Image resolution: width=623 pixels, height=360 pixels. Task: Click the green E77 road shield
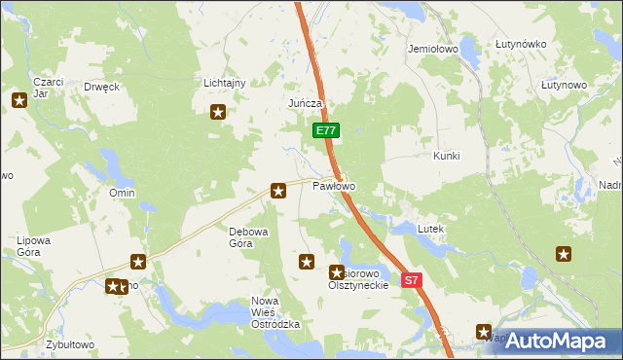pos(326,130)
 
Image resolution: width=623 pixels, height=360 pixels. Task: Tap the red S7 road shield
pos(412,280)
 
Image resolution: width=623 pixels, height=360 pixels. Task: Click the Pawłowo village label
pos(334,185)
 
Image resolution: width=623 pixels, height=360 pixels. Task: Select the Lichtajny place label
pos(224,84)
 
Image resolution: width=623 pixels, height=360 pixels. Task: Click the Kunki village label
pos(446,156)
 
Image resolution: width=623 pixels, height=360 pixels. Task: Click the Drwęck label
pos(101,86)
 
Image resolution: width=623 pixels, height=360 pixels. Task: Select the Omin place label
pos(122,193)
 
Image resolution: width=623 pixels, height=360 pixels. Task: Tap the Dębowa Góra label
pos(240,237)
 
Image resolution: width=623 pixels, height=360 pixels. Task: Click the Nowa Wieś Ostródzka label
pos(275,312)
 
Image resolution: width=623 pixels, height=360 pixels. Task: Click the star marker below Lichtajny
pos(218,112)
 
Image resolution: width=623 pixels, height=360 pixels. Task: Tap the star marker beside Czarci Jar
pos(19,99)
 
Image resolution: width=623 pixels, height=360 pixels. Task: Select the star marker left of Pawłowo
pos(278,191)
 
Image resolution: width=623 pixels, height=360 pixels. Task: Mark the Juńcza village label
pos(305,103)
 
